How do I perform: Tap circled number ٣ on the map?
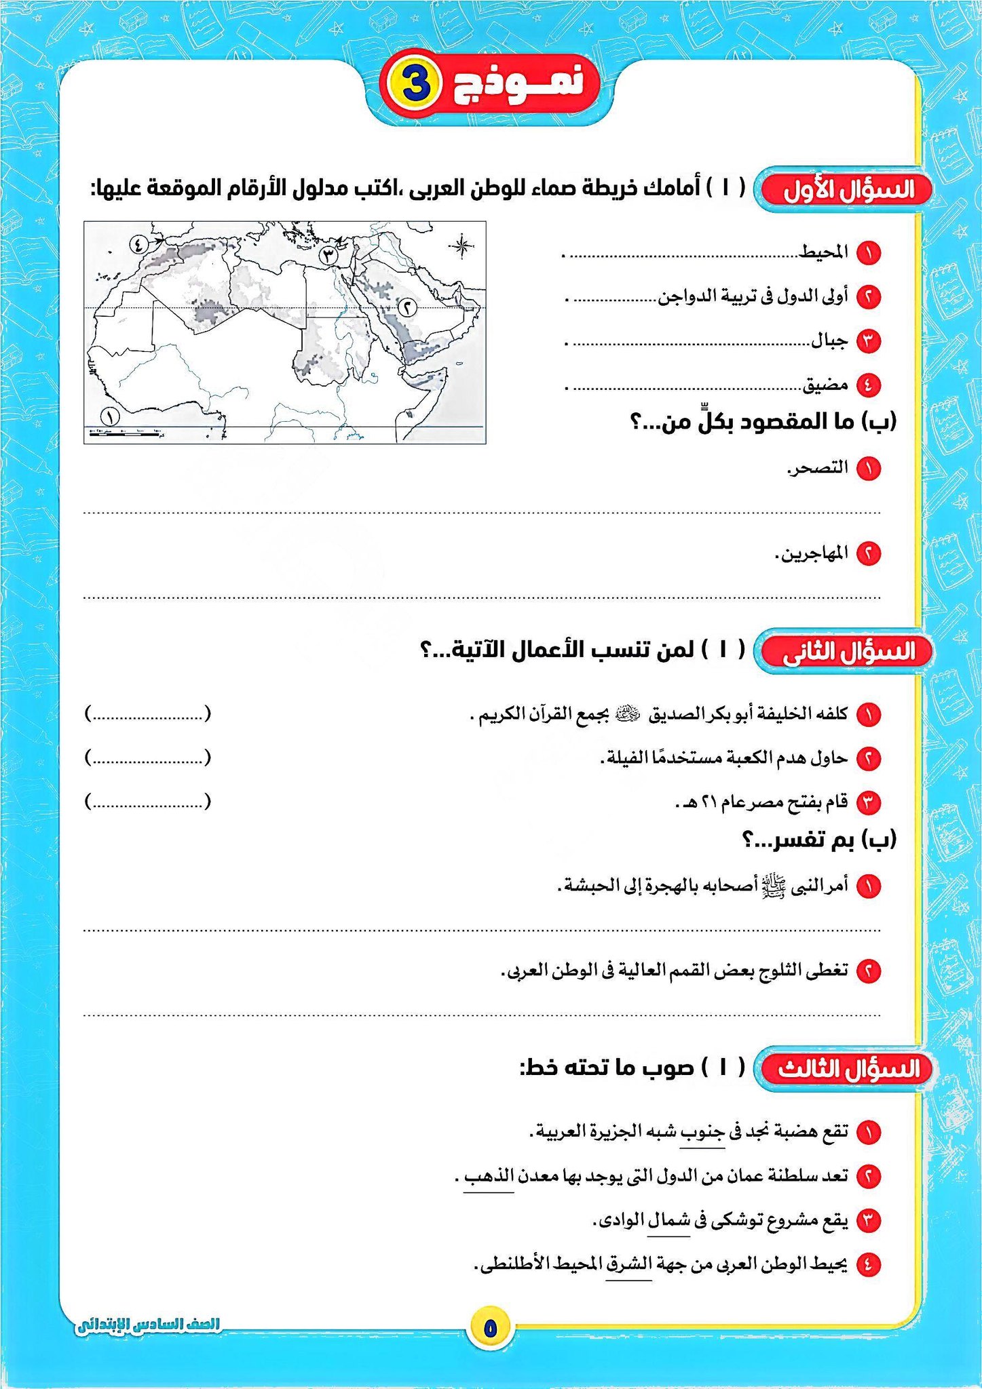pyautogui.click(x=328, y=256)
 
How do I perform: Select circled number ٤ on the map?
pyautogui.click(x=138, y=241)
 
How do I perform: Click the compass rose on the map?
pyautogui.click(x=461, y=246)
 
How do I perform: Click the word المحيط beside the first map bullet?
pyautogui.click(x=824, y=253)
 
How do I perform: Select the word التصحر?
pyautogui.click(x=818, y=467)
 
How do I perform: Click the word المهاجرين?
pyautogui.click(x=812, y=553)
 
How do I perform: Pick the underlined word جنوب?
pyautogui.click(x=703, y=1132)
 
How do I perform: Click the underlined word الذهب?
pyautogui.click(x=489, y=1175)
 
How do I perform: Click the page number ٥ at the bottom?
pyautogui.click(x=491, y=1328)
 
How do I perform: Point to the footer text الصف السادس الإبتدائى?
pyautogui.click(x=148, y=1325)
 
